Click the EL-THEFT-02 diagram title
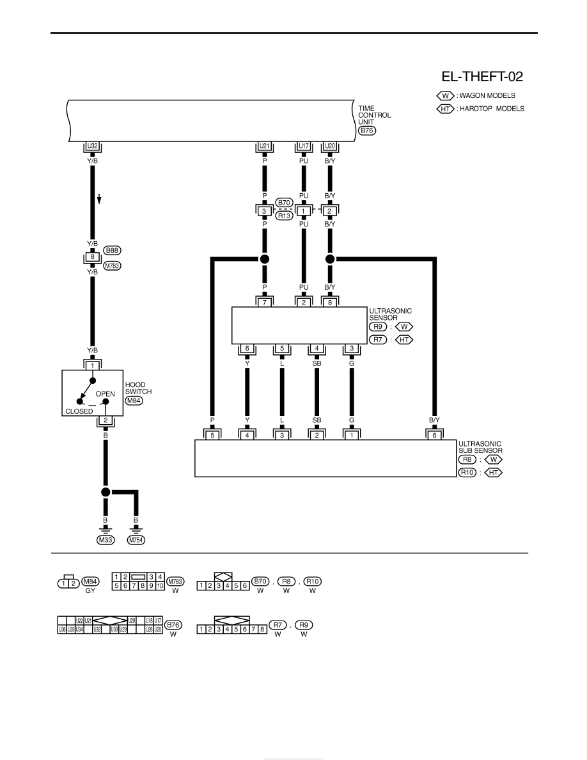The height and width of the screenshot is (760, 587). [x=482, y=77]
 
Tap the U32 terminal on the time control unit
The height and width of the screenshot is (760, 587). [x=92, y=146]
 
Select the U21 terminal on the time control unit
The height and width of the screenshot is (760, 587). [x=265, y=146]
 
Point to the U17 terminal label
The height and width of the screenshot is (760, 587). [x=304, y=146]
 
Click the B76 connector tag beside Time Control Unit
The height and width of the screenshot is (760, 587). [x=366, y=131]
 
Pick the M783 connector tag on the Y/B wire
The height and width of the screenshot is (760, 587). [x=113, y=265]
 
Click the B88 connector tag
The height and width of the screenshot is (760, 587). [x=113, y=251]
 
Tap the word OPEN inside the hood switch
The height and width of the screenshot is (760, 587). [x=105, y=394]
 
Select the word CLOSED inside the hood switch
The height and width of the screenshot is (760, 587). [x=79, y=411]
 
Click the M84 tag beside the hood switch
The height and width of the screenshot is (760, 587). [x=134, y=400]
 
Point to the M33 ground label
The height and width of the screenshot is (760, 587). [x=106, y=540]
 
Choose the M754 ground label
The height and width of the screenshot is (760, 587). [x=136, y=540]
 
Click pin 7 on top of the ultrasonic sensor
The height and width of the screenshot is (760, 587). [x=265, y=303]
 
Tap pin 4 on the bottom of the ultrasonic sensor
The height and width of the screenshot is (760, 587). [x=317, y=349]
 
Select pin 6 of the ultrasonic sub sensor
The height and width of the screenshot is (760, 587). [x=434, y=435]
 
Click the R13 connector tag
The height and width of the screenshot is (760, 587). [x=285, y=216]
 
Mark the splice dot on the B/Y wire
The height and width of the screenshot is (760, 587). [x=330, y=259]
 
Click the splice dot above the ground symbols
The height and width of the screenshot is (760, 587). [x=106, y=493]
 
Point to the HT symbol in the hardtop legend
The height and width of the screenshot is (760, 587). [x=445, y=109]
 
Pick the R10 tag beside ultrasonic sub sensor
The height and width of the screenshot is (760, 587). [x=467, y=473]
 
